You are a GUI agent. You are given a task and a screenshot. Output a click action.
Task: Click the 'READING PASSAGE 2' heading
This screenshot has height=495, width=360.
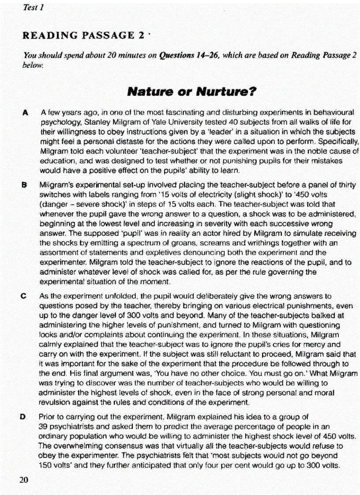[83, 35]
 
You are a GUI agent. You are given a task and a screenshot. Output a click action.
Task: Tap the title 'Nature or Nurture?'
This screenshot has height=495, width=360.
[192, 92]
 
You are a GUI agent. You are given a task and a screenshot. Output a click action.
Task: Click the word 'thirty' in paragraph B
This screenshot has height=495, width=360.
[348, 185]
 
